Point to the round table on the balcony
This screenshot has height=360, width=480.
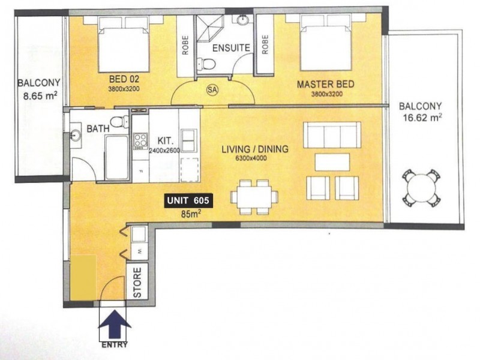tap(421, 187)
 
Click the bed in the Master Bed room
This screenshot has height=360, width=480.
tap(321, 48)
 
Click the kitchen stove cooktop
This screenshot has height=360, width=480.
tap(140, 141)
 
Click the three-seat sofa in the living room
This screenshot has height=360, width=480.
tap(333, 136)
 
